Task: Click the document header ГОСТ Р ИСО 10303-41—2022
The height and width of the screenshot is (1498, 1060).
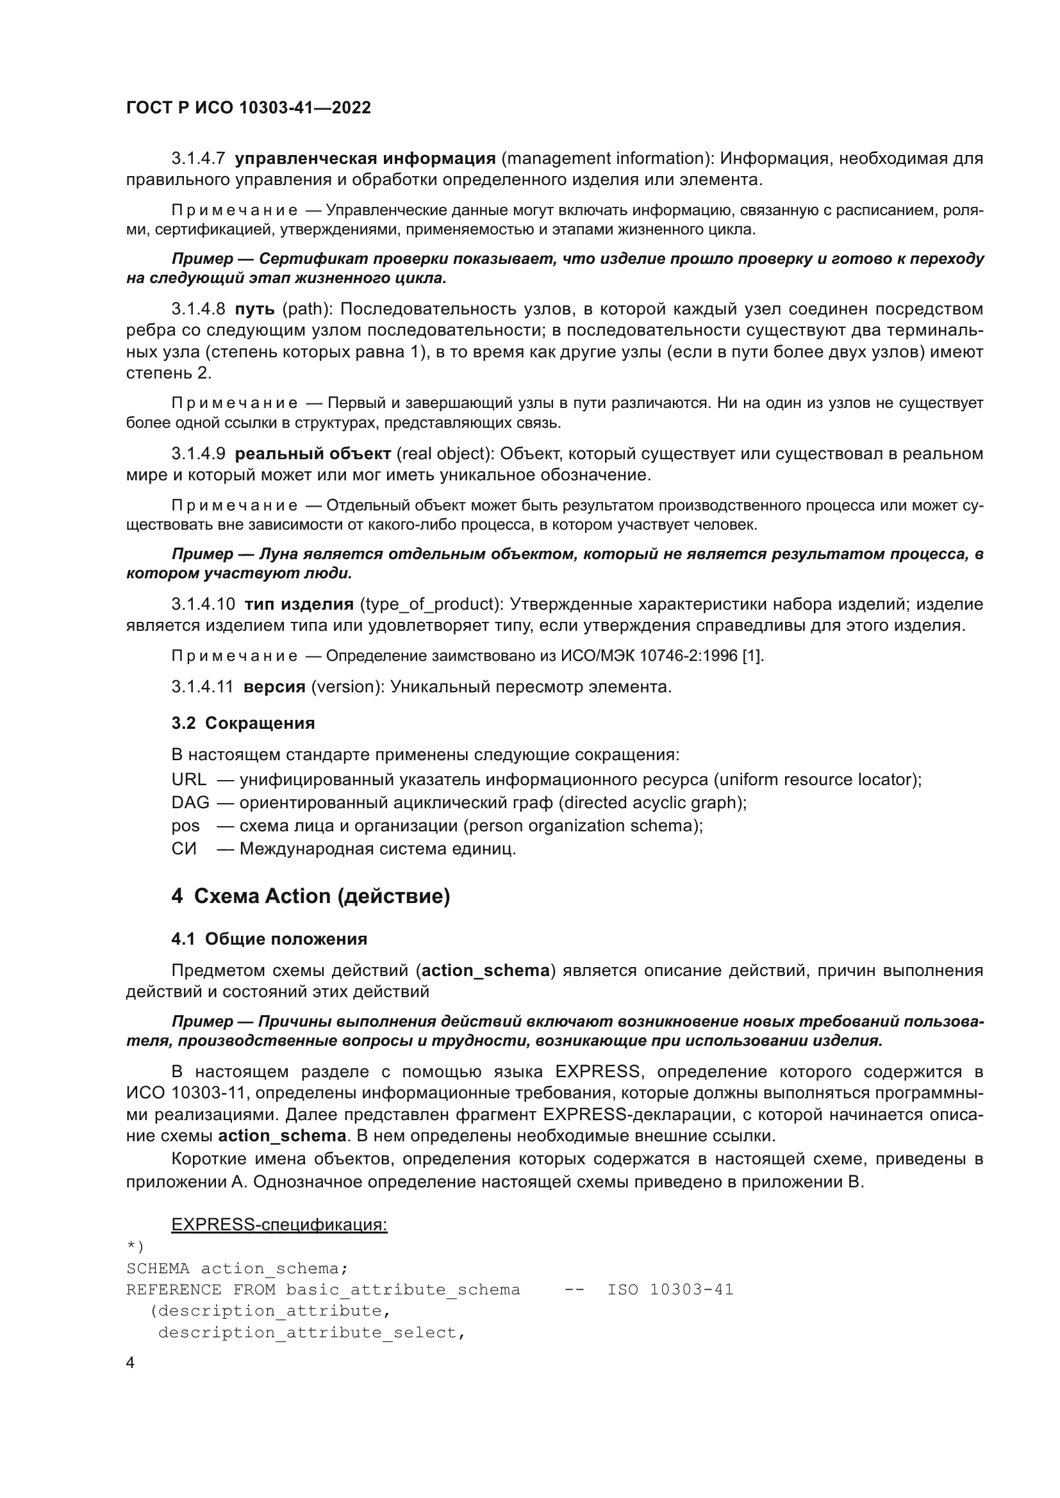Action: tap(248, 108)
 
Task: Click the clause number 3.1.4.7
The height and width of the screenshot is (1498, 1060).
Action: tap(198, 159)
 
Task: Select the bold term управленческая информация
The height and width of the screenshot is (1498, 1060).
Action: tap(365, 159)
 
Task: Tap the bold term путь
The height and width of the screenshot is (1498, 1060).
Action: tap(254, 309)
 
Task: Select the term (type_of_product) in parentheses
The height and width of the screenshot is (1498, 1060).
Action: tap(430, 604)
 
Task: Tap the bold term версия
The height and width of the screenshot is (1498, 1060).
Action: tap(274, 687)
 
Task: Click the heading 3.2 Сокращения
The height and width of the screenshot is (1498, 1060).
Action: tap(243, 723)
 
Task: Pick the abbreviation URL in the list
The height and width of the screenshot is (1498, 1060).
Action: tap(188, 779)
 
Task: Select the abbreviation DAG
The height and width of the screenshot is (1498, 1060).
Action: tap(190, 802)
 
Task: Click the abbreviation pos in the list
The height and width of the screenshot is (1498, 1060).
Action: tap(185, 826)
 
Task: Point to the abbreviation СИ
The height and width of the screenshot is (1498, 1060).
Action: tap(183, 849)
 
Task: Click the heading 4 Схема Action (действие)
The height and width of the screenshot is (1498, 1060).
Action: tap(311, 897)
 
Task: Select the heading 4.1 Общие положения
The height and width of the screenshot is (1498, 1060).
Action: tap(269, 939)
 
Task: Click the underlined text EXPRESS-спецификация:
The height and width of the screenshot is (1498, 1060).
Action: tap(279, 1225)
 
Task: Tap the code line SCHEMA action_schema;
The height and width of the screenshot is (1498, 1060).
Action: tap(237, 1268)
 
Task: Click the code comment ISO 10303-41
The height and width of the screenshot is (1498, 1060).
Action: tap(670, 1290)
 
